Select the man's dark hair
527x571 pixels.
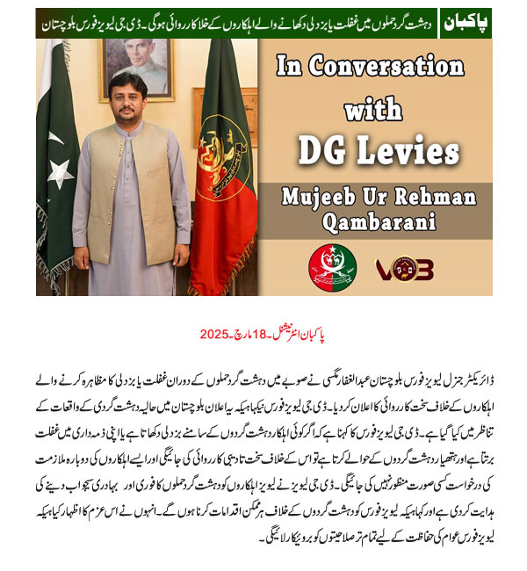pyautogui.click(x=126, y=82)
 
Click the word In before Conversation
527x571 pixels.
pyautogui.click(x=297, y=67)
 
